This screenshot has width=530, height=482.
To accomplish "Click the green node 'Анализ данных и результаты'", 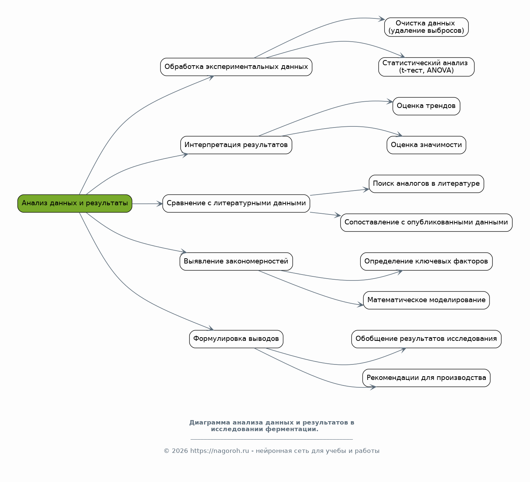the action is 75,203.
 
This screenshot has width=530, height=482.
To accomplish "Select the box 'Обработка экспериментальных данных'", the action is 236,67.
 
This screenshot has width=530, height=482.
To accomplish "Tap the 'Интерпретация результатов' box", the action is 236,145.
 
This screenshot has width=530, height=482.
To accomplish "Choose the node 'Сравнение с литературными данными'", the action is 236,203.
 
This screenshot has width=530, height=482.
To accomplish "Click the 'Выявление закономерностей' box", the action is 236,261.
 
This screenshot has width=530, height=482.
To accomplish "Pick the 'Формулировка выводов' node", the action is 236,339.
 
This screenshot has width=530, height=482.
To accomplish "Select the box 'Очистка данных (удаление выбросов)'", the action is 426,27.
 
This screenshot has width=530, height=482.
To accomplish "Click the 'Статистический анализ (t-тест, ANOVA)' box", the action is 426,67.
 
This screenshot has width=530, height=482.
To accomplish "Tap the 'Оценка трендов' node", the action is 426,106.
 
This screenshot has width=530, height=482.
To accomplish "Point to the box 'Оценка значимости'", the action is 426,145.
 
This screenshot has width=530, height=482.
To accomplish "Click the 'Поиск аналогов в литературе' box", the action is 426,184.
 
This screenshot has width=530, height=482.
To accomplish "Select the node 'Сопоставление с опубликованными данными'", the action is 426,223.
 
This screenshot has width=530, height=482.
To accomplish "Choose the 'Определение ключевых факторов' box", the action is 426,261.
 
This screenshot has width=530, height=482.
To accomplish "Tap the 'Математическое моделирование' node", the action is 426,300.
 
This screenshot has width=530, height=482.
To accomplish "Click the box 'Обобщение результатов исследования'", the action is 426,339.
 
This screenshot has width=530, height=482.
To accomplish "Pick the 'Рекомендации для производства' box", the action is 426,378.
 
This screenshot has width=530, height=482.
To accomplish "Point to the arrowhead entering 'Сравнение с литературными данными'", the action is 160,204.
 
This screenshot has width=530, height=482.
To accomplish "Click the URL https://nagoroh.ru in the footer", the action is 220,451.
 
